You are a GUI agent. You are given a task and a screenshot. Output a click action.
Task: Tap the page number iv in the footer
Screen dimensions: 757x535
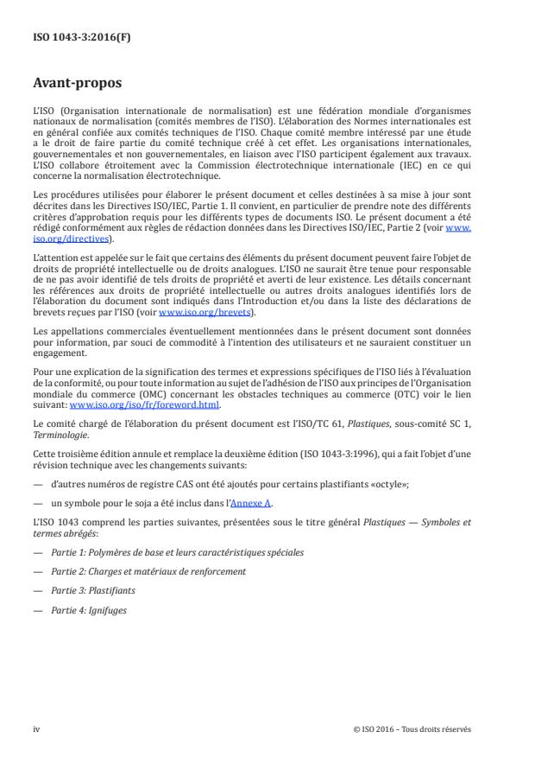coord(36,728)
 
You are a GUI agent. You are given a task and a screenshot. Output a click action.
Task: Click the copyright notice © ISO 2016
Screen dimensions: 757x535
coord(412,728)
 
